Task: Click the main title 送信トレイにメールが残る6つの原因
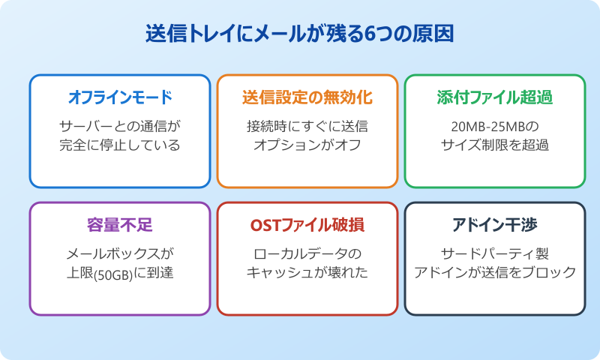pos(300,34)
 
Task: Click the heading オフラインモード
pos(120,97)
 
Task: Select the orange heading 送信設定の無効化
pos(307,97)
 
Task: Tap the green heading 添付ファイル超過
pos(495,97)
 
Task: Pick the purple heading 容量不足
pos(120,225)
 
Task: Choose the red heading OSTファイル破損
pos(307,225)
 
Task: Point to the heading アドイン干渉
pos(495,225)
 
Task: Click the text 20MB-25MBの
pos(495,125)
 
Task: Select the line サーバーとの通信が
pos(120,125)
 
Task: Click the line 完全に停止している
pos(120,145)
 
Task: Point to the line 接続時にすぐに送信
pos(307,125)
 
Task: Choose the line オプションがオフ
pos(307,145)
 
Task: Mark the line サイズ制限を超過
pos(495,145)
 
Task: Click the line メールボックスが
pos(120,253)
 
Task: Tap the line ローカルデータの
pos(307,253)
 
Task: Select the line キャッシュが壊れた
pos(307,272)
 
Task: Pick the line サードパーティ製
pos(495,253)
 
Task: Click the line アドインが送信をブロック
pos(495,272)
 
